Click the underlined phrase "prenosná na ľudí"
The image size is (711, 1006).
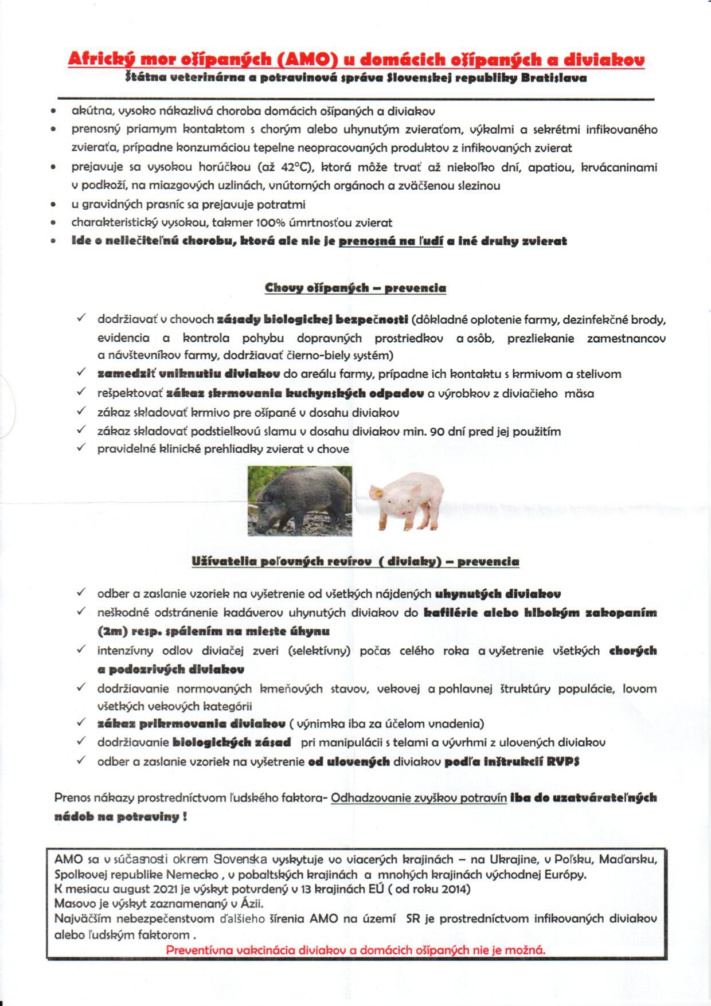point(391,241)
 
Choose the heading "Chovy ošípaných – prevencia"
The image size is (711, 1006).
point(355,288)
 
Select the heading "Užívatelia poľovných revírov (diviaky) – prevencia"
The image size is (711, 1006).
point(355,562)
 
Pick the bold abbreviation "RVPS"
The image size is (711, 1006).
point(562,761)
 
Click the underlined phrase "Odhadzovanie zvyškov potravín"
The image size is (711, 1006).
point(419,797)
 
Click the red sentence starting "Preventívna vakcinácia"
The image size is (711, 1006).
point(355,950)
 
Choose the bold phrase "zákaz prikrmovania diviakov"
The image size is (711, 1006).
point(191,723)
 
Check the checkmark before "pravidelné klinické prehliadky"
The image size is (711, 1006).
point(81,448)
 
